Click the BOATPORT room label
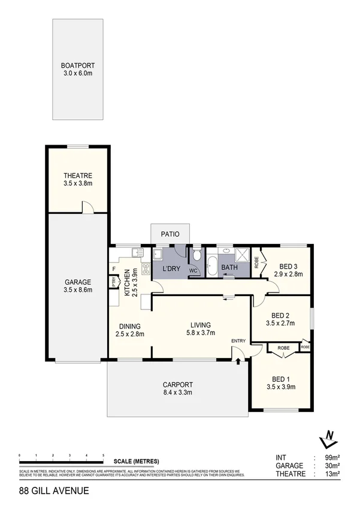78,65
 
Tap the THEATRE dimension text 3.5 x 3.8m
78,183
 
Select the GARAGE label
78,281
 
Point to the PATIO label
170,234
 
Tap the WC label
193,271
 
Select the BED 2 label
280,315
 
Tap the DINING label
129,326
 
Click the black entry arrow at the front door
238,362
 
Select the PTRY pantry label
113,282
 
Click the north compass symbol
326,440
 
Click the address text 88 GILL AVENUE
54,490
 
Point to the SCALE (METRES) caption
137,461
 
